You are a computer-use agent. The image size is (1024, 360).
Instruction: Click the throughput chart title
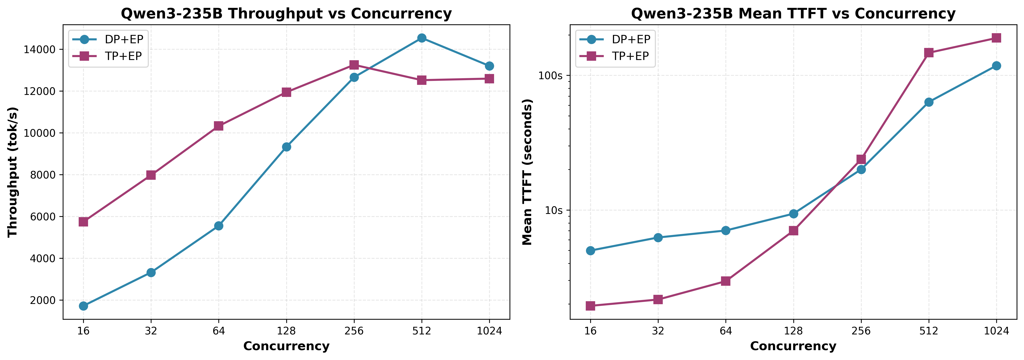[286, 14]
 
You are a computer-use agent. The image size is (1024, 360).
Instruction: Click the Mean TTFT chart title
[793, 14]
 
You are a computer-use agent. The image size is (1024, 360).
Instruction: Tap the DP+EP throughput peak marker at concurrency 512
[422, 38]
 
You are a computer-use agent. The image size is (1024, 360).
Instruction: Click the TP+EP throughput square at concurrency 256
[354, 65]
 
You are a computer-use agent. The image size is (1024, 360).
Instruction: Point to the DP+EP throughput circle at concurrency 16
[83, 306]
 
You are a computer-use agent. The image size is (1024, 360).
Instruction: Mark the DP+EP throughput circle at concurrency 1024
[489, 66]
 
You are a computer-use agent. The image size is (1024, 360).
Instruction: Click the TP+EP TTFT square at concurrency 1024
[996, 38]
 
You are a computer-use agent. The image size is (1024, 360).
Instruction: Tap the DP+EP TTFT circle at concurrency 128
[793, 214]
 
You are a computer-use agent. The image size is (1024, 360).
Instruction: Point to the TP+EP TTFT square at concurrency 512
[929, 52]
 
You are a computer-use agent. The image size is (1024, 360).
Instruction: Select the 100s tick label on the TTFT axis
[551, 75]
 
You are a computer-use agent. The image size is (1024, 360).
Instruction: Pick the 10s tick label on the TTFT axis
[553, 210]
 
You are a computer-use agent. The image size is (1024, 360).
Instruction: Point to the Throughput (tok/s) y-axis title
[13, 172]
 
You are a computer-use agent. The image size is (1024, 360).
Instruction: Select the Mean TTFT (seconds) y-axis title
[527, 172]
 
